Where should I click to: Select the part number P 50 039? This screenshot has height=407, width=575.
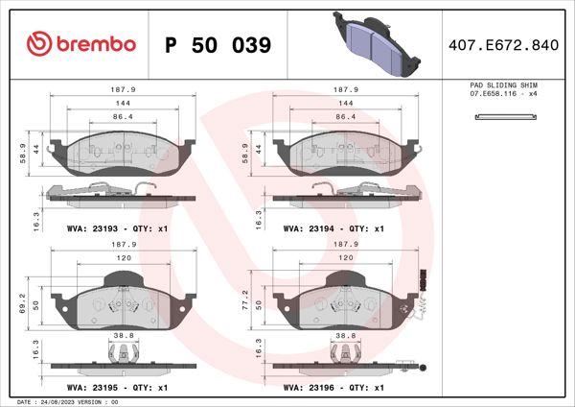pyautogui.click(x=218, y=45)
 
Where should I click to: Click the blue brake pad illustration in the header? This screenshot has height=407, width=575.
pyautogui.click(x=378, y=44)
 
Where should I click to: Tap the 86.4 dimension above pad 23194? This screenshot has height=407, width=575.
pyautogui.click(x=342, y=115)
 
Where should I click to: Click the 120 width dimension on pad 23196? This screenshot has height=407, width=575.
pyautogui.click(x=342, y=259)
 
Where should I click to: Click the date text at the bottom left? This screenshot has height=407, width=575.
pyautogui.click(x=61, y=401)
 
